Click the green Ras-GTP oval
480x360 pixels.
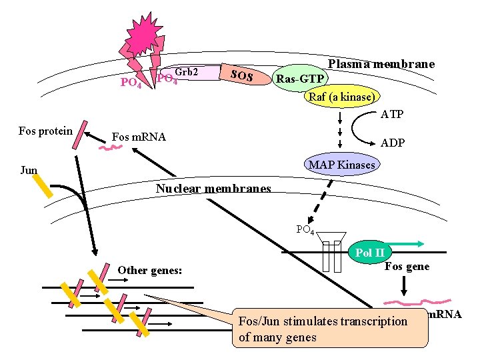[x=300, y=79]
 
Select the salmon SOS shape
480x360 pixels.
[x=245, y=75]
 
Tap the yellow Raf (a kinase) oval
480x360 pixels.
[x=342, y=97]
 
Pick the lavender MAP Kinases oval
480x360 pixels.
[x=342, y=165]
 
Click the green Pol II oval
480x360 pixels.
[x=370, y=253]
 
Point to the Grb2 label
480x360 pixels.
[x=187, y=71]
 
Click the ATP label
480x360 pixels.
[x=392, y=115]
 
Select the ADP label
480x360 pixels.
[x=393, y=143]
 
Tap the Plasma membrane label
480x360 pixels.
[x=381, y=64]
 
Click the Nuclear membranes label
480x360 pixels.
[x=213, y=188]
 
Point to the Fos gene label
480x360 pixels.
[x=407, y=266]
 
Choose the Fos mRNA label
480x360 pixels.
[x=139, y=137]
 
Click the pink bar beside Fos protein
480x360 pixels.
[x=80, y=135]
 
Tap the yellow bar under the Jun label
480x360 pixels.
[x=43, y=186]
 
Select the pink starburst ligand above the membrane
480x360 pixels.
[x=143, y=33]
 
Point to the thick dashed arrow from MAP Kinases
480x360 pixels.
[x=320, y=202]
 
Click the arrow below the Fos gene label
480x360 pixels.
[x=404, y=286]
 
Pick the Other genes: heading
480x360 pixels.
[x=150, y=270]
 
